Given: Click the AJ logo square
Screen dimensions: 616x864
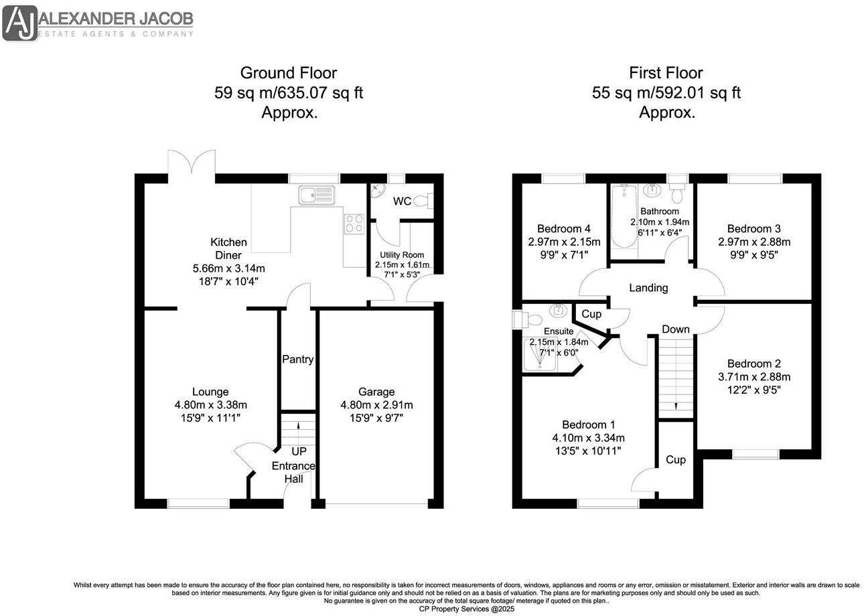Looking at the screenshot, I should click(20, 23).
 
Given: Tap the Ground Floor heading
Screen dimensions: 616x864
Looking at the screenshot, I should click(288, 72).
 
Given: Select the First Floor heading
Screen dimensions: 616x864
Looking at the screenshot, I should click(666, 72).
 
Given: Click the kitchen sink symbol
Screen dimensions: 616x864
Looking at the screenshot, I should click(316, 196).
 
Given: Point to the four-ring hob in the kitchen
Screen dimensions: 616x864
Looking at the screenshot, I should click(354, 223).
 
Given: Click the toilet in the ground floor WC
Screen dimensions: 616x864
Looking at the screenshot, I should click(423, 200).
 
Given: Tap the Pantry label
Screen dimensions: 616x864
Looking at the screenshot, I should click(297, 360).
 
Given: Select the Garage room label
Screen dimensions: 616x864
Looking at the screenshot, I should click(376, 392).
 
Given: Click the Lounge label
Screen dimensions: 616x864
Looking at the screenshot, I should click(210, 392).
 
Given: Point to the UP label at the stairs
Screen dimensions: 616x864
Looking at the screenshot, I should click(298, 452).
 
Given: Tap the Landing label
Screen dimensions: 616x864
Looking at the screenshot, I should click(648, 288).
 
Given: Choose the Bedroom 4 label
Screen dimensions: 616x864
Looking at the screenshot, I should click(564, 228).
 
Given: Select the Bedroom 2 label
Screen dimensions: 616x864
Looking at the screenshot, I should click(754, 364).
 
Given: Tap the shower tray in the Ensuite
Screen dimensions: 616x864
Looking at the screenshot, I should click(540, 354).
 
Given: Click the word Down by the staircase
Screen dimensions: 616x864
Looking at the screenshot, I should click(676, 329).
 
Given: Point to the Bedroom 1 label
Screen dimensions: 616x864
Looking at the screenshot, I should click(589, 425).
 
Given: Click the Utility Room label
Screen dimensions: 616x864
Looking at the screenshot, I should click(402, 255).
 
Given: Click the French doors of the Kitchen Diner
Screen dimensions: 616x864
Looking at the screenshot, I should click(192, 164).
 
